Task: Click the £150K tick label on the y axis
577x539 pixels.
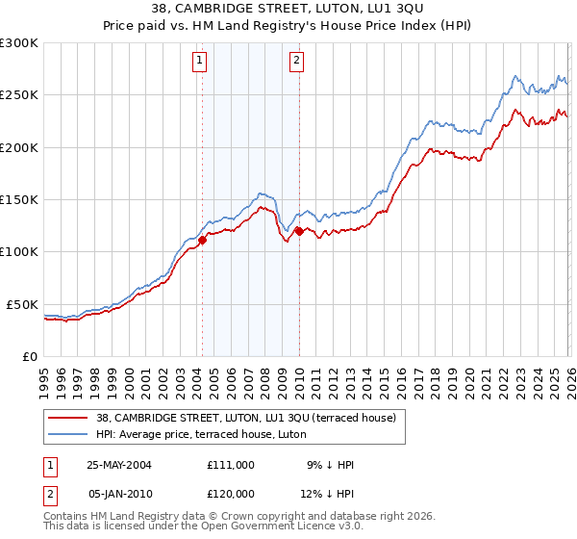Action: click(x=19, y=200)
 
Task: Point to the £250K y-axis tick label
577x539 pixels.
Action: click(x=19, y=95)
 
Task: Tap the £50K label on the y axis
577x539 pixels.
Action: click(x=22, y=304)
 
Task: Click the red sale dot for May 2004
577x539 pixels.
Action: click(x=203, y=241)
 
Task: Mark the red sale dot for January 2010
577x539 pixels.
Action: click(x=299, y=231)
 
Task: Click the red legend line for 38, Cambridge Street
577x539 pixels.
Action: click(x=69, y=418)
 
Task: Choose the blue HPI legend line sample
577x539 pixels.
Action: click(x=69, y=434)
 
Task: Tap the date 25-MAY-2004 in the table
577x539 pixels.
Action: click(x=119, y=465)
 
